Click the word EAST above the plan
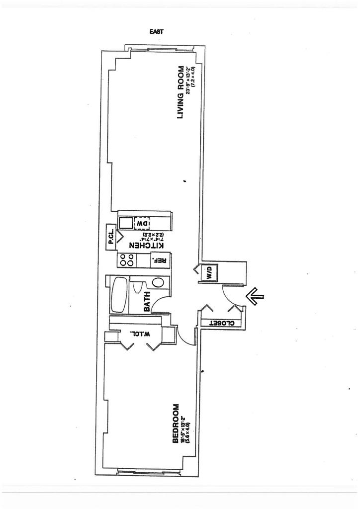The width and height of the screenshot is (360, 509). [x=157, y=31]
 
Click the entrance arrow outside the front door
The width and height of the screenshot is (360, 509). [x=255, y=297]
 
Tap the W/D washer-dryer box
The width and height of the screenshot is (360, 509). [x=209, y=272]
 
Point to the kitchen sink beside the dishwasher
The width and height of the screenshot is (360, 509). [x=126, y=222]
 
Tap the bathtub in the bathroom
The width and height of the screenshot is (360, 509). [x=120, y=295]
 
